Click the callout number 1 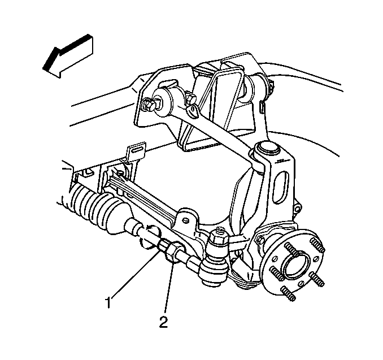click(108, 302)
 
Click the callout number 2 click(164, 322)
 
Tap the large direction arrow click(68, 56)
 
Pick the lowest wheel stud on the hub click(288, 294)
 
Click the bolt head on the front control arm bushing click(147, 105)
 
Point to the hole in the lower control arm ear click(186, 220)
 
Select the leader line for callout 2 click(169, 289)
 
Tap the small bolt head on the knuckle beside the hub click(260, 241)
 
